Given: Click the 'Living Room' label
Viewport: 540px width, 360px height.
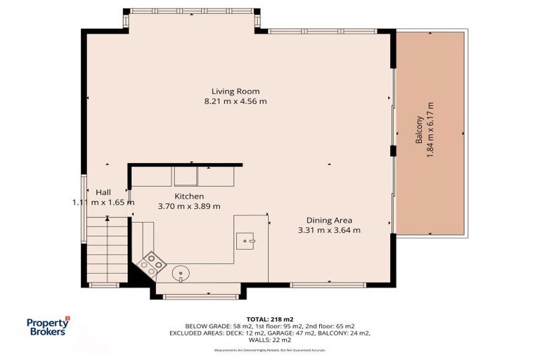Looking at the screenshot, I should click(x=236, y=91).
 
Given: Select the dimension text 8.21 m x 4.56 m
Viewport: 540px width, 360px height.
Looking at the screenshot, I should click(x=236, y=101).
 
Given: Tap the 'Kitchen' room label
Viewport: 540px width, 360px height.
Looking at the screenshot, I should click(x=189, y=196).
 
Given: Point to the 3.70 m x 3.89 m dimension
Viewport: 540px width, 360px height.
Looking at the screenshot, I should click(x=189, y=206).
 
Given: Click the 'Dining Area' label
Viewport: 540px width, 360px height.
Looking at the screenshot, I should click(x=329, y=219).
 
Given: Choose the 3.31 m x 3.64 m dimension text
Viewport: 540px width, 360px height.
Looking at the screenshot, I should click(x=329, y=229).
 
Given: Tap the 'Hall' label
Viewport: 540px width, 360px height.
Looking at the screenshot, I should click(x=103, y=192).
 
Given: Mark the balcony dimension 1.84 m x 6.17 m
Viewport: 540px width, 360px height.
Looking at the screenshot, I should click(x=430, y=129).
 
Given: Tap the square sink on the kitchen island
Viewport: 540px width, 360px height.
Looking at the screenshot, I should click(x=247, y=240).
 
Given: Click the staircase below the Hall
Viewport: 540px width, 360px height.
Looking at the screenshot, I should click(x=108, y=249).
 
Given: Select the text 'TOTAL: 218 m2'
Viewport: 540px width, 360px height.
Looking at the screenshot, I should click(x=270, y=319).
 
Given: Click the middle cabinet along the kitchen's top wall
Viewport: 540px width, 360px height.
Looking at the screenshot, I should click(x=186, y=176).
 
